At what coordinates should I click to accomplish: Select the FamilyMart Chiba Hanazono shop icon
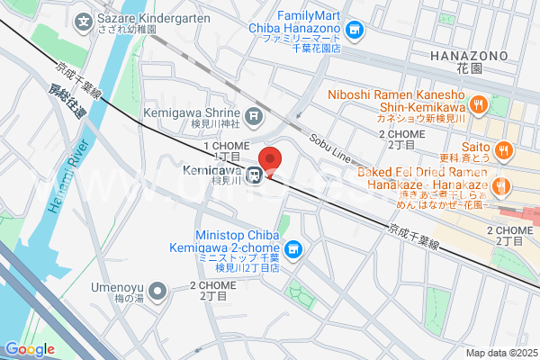click(x=355, y=32)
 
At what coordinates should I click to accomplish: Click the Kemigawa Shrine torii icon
click(x=256, y=114)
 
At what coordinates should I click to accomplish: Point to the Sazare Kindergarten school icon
click(x=84, y=20)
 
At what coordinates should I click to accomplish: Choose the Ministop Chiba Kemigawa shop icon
click(x=292, y=248)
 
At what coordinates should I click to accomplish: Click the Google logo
click(x=30, y=349)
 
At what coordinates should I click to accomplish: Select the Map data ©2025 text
click(x=501, y=353)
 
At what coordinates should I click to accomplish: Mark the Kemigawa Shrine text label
click(x=193, y=112)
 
